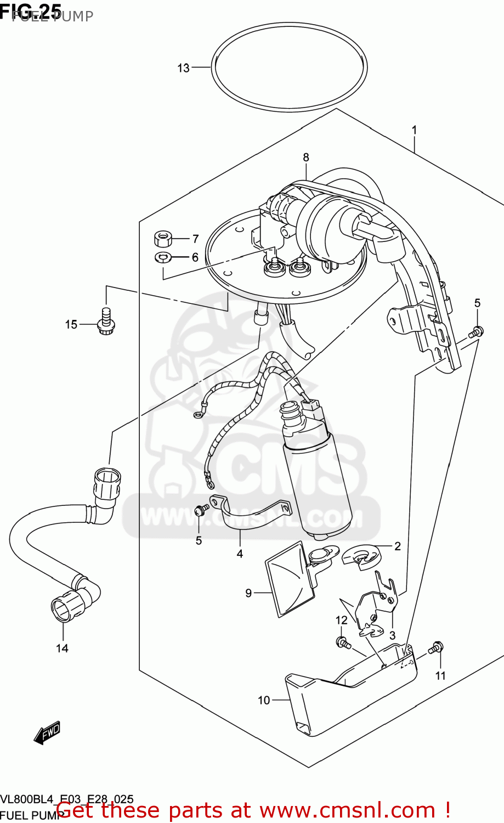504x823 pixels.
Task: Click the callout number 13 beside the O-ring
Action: click(183, 68)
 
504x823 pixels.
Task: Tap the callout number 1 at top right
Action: click(415, 130)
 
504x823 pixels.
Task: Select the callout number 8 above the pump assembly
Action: click(306, 157)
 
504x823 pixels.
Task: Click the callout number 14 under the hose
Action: click(62, 648)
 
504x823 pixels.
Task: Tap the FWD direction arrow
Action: click(47, 732)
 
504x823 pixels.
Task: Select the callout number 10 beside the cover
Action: click(264, 700)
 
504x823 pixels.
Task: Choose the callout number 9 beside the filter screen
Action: click(248, 593)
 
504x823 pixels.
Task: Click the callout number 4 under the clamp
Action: click(240, 554)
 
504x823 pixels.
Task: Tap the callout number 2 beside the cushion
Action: click(398, 545)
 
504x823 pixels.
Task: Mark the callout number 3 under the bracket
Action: click(392, 635)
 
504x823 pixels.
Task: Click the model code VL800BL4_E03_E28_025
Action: click(66, 799)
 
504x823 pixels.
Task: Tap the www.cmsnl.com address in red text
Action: click(347, 810)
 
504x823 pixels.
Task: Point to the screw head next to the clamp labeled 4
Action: click(200, 510)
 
